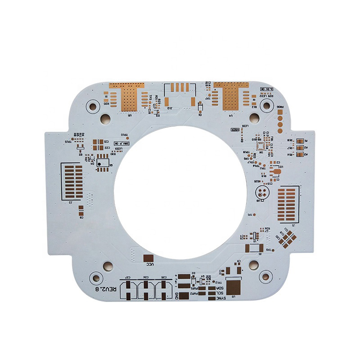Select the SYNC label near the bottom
220,298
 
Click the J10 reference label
170,108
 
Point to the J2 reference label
71,202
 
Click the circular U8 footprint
262,192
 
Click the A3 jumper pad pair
299,154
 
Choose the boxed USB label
235,130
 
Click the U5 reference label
130,115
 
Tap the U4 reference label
230,115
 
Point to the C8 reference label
81,217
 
